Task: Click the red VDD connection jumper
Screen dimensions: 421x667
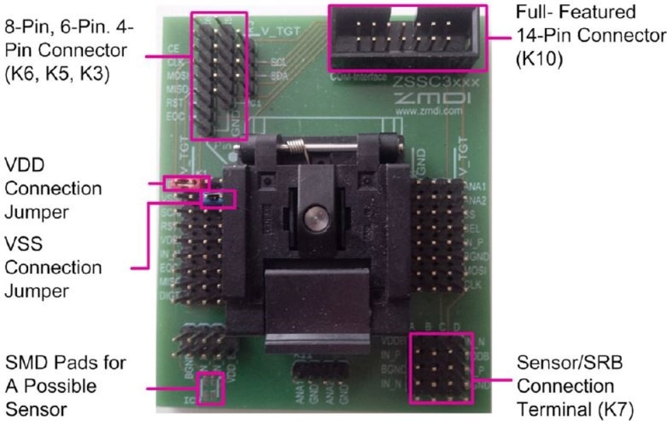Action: point(187,183)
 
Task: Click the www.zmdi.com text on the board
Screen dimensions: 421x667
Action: point(429,112)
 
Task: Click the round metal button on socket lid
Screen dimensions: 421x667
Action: point(314,217)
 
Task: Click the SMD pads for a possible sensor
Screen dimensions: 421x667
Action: point(210,388)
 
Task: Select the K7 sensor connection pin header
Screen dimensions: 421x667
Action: point(441,368)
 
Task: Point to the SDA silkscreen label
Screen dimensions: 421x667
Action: point(279,76)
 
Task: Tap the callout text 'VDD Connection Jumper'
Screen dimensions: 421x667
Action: point(53,189)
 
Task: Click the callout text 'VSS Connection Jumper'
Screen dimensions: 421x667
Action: point(53,267)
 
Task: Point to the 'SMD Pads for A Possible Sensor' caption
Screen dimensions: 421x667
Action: point(65,386)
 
